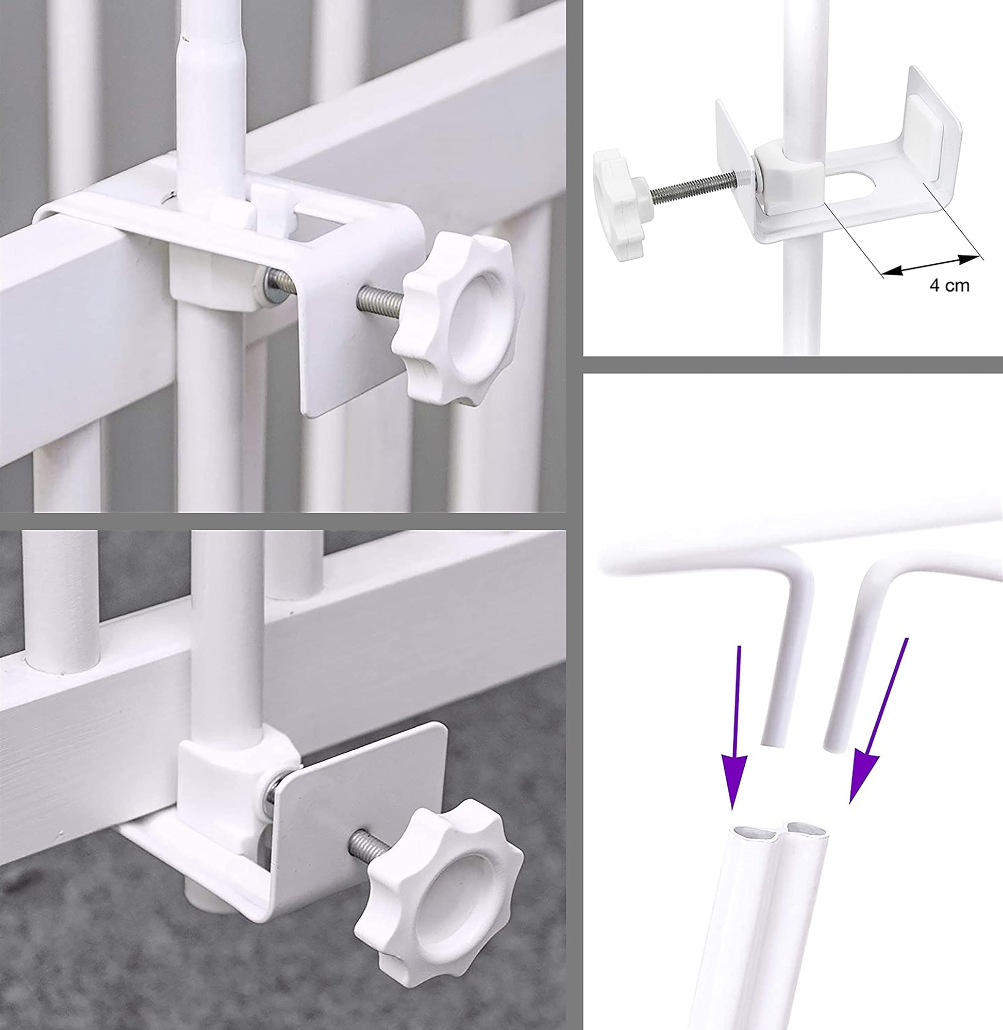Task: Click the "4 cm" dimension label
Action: [949, 285]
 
